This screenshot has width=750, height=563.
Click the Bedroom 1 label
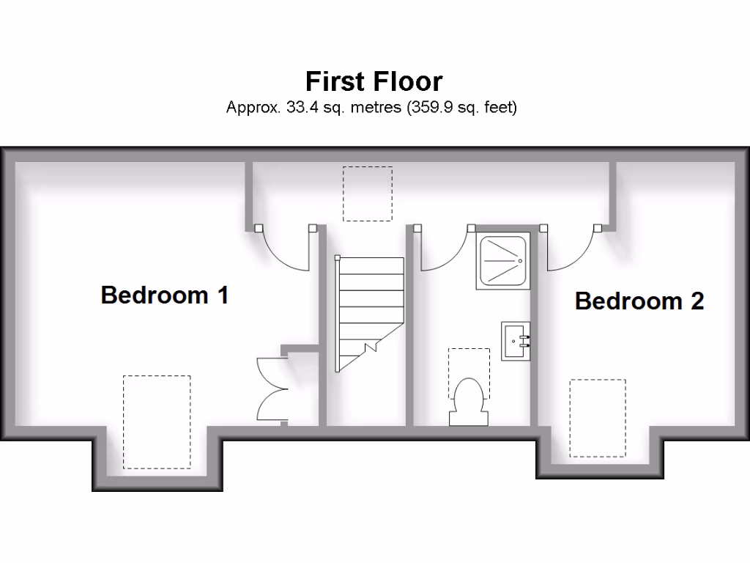coord(165,295)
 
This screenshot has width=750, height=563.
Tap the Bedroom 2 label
coord(639,301)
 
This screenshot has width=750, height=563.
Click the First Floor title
coord(374,80)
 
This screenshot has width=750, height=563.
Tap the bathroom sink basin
coord(516,341)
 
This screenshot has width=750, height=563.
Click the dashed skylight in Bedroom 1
coord(157,422)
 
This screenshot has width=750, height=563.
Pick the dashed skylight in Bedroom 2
coord(598,418)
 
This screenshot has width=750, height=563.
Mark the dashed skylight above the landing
coord(368,194)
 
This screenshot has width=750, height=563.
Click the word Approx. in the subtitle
coord(252,107)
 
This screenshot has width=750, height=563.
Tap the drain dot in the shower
coord(519,260)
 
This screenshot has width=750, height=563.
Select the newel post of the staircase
coord(338,258)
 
